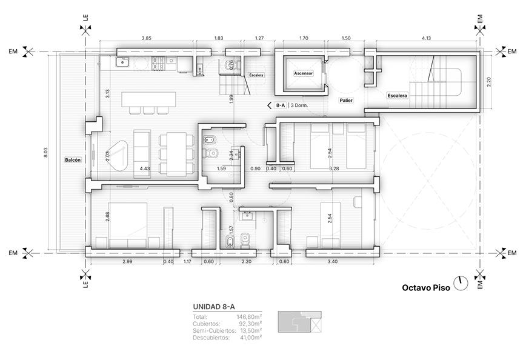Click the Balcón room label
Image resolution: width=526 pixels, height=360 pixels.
click(x=73, y=160)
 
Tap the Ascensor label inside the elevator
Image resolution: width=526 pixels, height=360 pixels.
click(x=303, y=73)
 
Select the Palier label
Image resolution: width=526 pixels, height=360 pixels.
click(x=346, y=101)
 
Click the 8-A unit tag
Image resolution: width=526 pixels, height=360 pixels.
click(x=280, y=105)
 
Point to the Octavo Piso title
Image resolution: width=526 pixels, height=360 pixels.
click(x=426, y=288)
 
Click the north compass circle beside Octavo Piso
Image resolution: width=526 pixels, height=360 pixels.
click(x=461, y=284)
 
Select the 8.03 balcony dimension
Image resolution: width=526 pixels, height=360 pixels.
click(x=45, y=153)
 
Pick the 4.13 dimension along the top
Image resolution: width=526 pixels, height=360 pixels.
click(x=427, y=38)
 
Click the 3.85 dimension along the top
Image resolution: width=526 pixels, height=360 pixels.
click(x=146, y=38)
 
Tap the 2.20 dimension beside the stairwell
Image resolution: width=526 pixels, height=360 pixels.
click(x=489, y=82)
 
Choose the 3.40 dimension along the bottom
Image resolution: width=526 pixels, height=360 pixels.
click(x=333, y=262)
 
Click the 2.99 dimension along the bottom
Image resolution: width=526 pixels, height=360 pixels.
click(x=127, y=262)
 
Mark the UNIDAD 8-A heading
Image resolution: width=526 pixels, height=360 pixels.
click(x=214, y=307)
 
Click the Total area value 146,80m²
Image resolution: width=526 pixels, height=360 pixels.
click(x=249, y=317)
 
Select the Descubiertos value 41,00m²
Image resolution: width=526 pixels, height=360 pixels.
click(x=251, y=338)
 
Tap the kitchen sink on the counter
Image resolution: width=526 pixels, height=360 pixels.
click(x=122, y=62)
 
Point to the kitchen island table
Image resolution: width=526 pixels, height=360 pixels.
click(x=148, y=99)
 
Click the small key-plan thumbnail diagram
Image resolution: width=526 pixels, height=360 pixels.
click(x=299, y=322)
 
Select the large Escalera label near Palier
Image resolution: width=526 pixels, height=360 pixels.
click(x=397, y=96)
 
